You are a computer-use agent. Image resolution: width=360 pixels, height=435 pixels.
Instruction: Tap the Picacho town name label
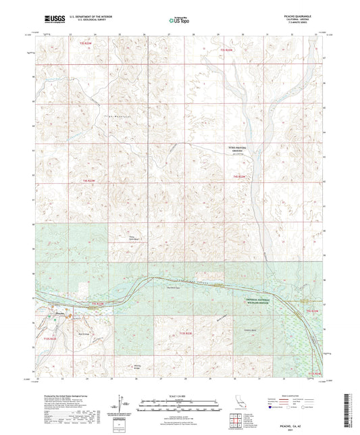click(x=59, y=312)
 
